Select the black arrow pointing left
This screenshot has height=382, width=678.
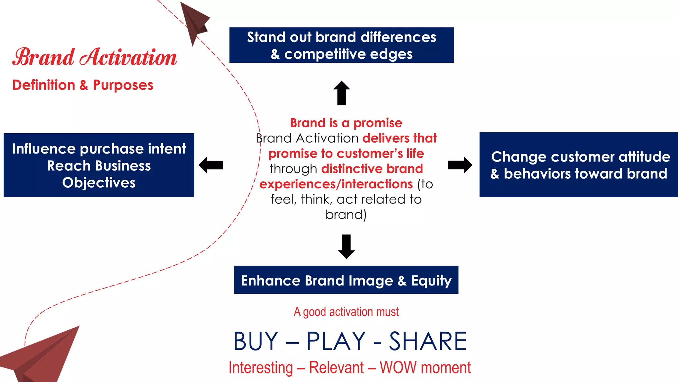[x=211, y=165]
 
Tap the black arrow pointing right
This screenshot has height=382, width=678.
[x=460, y=165]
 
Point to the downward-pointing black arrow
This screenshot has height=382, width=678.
[x=346, y=247]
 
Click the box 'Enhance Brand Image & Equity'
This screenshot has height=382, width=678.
[x=346, y=280]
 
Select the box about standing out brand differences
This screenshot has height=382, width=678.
[x=341, y=45]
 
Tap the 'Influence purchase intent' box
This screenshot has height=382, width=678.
[x=99, y=165]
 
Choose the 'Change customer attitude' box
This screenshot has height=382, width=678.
[x=579, y=165]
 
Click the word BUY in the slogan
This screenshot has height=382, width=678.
[x=256, y=341]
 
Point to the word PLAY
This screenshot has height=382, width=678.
[x=336, y=341]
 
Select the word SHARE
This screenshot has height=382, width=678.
[x=428, y=341]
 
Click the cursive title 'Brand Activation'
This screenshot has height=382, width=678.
[x=95, y=57]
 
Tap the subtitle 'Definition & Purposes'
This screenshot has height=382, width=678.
[x=83, y=85]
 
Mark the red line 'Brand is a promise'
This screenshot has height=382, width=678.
[x=346, y=123]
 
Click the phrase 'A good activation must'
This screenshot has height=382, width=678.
[x=346, y=312]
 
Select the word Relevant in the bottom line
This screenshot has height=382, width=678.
[x=336, y=368]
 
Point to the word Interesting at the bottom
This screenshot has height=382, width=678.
[x=261, y=368]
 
